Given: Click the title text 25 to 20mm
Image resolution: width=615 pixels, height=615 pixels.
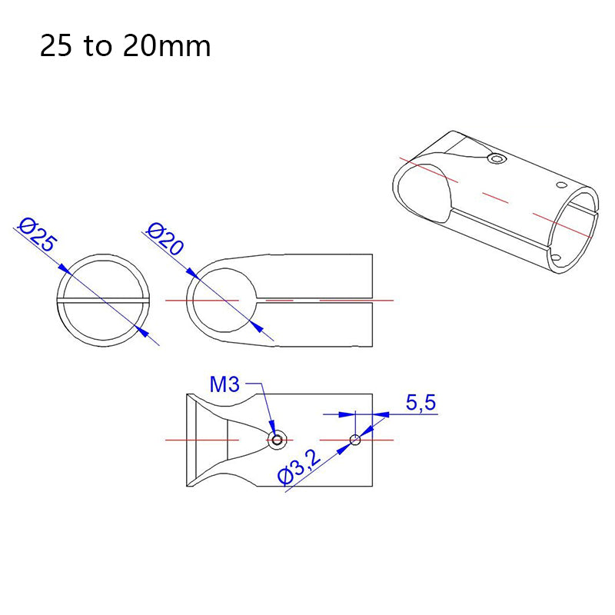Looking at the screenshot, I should point(125,47).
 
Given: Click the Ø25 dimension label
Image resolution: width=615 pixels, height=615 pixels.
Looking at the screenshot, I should point(38,235).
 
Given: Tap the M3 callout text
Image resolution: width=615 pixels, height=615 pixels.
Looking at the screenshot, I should point(225,384).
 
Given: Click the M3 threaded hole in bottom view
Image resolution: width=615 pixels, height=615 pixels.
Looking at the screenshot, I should point(278,440).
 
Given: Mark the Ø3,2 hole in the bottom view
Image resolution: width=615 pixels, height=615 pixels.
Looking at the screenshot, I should point(355,440).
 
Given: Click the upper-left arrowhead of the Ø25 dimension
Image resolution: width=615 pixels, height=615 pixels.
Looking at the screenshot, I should point(65,271).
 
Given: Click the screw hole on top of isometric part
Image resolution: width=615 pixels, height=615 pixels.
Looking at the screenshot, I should point(497,158).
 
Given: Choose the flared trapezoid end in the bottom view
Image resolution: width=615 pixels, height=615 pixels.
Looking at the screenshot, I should point(208,440).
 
